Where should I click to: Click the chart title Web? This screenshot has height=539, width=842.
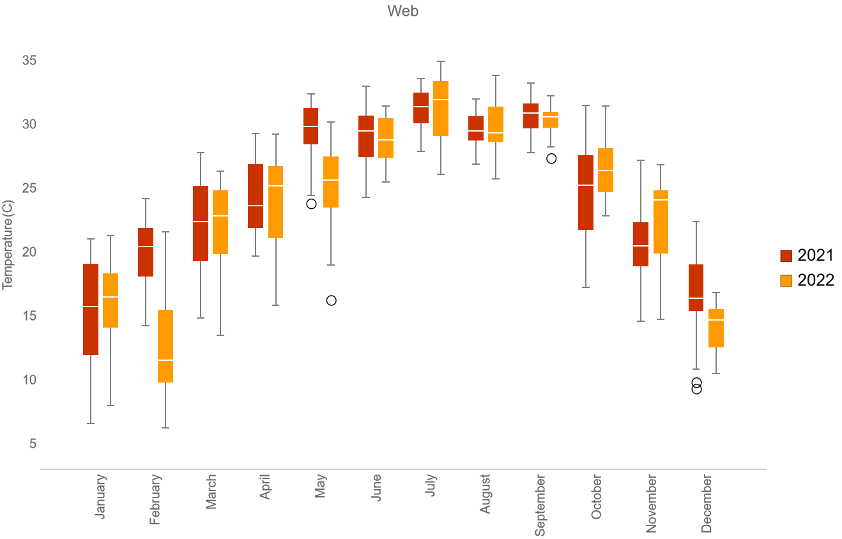pyautogui.click(x=402, y=11)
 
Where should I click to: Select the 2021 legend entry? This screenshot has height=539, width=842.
pyautogui.click(x=807, y=255)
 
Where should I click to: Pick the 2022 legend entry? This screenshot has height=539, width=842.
pyautogui.click(x=807, y=280)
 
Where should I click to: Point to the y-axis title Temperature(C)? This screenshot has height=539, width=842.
pyautogui.click(x=8, y=244)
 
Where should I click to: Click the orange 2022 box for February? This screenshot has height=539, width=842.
pyautogui.click(x=165, y=345)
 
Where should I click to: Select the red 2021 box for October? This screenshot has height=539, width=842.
pyautogui.click(x=586, y=192)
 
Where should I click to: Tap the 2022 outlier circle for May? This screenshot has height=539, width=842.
pyautogui.click(x=331, y=300)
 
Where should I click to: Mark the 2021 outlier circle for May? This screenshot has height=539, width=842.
pyautogui.click(x=312, y=204)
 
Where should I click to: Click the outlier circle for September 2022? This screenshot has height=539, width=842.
pyautogui.click(x=551, y=158)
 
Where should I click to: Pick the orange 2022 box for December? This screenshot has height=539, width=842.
pyautogui.click(x=716, y=328)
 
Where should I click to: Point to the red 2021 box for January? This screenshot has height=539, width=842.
pyautogui.click(x=91, y=309)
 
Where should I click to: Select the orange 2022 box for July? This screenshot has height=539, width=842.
pyautogui.click(x=441, y=109)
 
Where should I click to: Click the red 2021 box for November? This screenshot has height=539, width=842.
pyautogui.click(x=641, y=244)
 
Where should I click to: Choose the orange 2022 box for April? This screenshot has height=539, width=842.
pyautogui.click(x=275, y=202)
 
